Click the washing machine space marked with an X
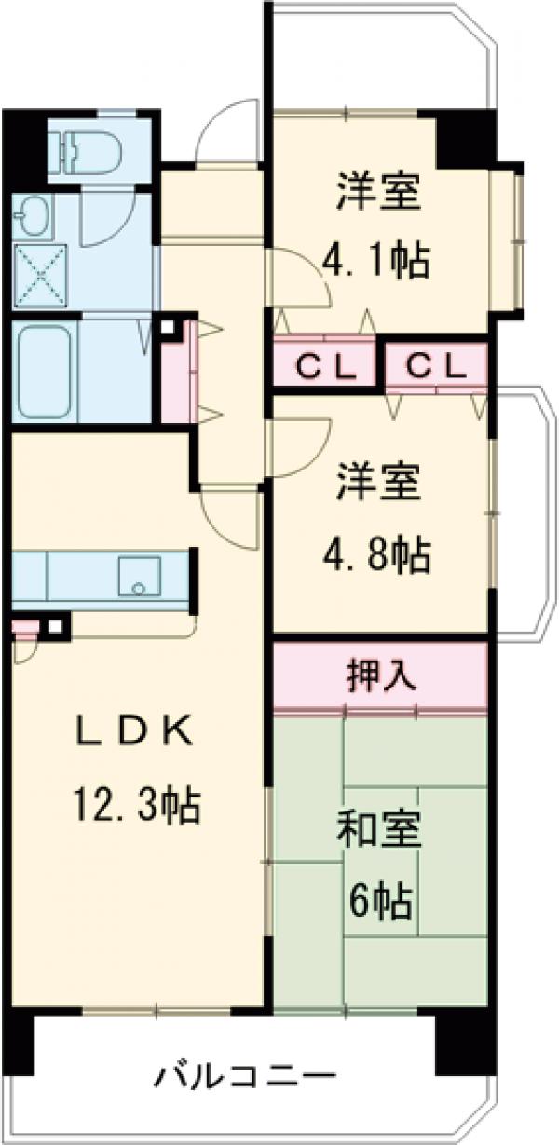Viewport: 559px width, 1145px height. click(x=38, y=278)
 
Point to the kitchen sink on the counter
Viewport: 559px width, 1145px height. click(x=139, y=578)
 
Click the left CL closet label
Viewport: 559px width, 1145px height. click(x=325, y=367)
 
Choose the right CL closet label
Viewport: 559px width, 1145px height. click(x=435, y=367)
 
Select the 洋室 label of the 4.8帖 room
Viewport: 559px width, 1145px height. click(x=377, y=486)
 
